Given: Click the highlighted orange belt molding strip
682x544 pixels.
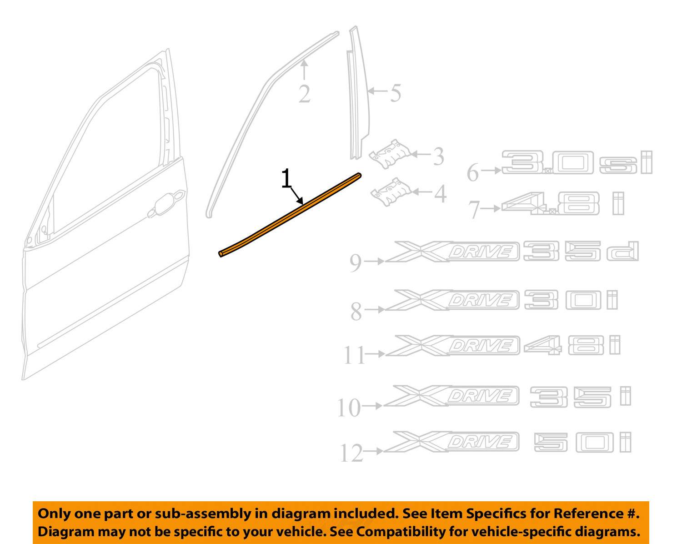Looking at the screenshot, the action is tap(290, 215).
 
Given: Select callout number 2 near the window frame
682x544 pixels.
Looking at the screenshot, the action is tap(305, 94).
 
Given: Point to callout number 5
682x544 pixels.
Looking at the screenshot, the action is tap(396, 93).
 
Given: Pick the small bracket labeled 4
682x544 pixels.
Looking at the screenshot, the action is tap(391, 192).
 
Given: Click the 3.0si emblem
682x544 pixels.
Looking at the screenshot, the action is tap(577, 162).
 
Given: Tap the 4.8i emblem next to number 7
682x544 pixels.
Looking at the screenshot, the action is tap(562, 204).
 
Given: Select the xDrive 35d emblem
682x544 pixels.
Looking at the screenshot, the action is tap(511, 252).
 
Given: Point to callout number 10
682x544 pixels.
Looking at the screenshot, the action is tap(349, 408).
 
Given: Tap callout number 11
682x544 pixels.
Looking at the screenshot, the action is tap(354, 355).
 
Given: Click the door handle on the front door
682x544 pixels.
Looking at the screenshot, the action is tap(166, 203).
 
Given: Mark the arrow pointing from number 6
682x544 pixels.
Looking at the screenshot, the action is tap(491, 171).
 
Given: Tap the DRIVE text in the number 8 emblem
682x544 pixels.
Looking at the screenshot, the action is tap(480, 300).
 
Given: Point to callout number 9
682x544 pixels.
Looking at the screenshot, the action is tap(356, 263).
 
